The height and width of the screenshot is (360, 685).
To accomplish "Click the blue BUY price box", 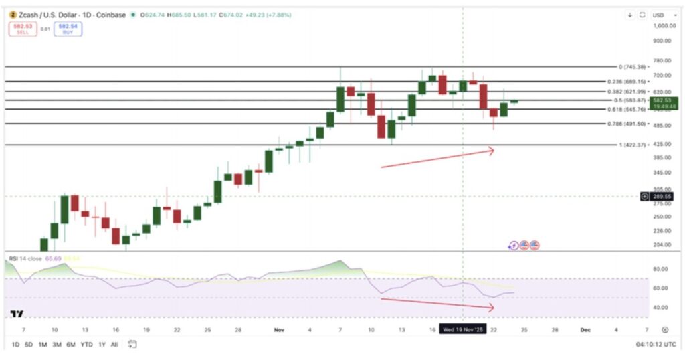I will [x=68, y=28].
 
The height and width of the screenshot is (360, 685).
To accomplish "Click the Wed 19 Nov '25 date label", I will [x=462, y=329].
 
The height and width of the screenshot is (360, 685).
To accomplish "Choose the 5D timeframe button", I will [x=28, y=344].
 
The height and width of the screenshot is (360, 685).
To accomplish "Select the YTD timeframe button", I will [x=86, y=344].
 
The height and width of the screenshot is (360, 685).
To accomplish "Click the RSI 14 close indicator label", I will [x=25, y=258].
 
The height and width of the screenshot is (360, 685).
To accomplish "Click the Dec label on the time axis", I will [x=585, y=329].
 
